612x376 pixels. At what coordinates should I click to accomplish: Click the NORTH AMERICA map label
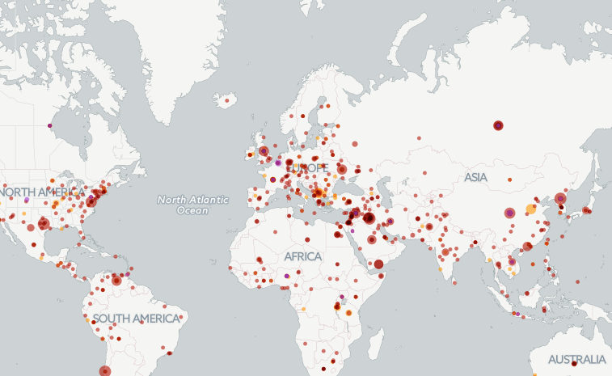click(42, 192)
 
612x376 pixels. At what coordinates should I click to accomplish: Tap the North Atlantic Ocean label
click(192, 205)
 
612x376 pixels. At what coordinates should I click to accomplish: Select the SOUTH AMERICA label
click(135, 319)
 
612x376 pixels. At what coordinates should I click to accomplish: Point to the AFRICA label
click(302, 256)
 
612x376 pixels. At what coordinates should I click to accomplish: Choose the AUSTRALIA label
click(576, 359)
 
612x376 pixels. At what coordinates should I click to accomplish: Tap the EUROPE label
click(306, 167)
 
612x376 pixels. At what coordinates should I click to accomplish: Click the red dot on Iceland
click(228, 101)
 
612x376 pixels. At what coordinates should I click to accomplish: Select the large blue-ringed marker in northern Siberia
click(498, 125)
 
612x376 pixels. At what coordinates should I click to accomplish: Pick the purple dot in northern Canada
click(50, 125)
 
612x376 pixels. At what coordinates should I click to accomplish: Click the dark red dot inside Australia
click(573, 364)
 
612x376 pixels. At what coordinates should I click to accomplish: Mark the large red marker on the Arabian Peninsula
click(378, 264)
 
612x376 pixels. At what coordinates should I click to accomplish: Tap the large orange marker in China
click(531, 209)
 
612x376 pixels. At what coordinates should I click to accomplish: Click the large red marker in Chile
click(105, 371)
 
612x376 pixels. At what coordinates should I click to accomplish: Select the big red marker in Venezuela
click(116, 281)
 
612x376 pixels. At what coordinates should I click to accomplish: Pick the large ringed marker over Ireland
click(264, 150)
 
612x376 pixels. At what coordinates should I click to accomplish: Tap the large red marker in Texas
click(44, 225)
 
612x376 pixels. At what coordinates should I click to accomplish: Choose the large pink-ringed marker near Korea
click(560, 198)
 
